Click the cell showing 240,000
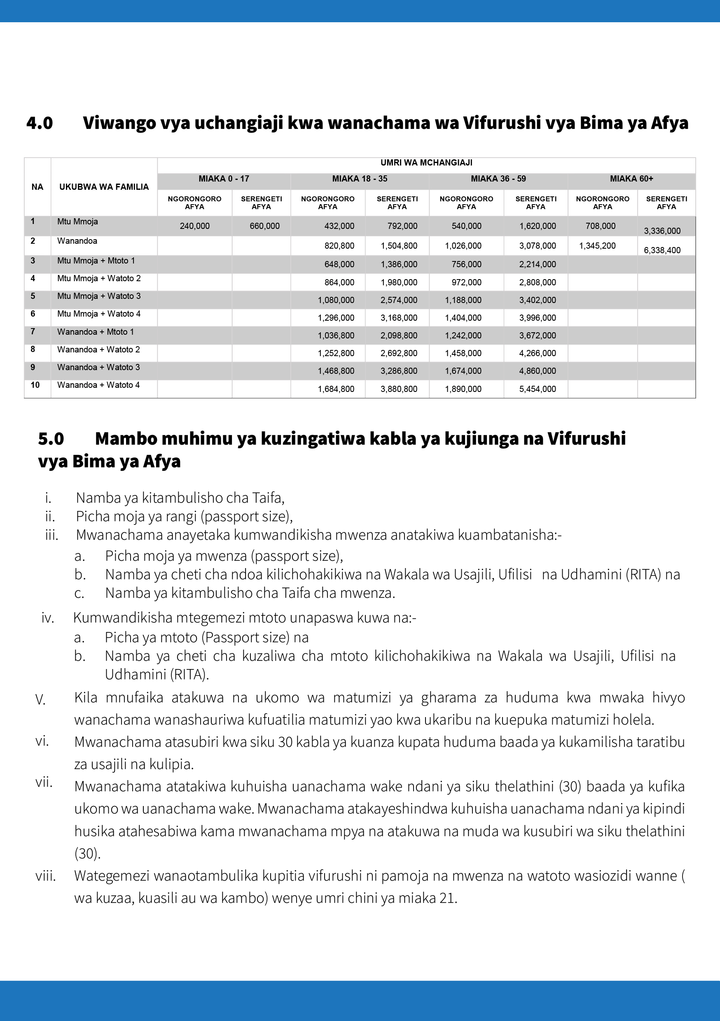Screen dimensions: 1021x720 click(x=194, y=226)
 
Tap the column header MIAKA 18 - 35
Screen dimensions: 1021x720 click(x=360, y=179)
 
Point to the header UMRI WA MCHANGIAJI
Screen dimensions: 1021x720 click(x=426, y=163)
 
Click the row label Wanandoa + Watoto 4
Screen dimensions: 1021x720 click(x=98, y=385)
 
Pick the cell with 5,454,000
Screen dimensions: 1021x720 click(x=537, y=389)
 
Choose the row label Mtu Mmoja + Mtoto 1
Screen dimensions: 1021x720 click(x=96, y=261)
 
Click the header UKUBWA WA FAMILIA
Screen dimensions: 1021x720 click(x=104, y=187)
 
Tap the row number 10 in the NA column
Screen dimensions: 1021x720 click(x=35, y=385)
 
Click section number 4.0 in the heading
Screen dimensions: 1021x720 click(x=39, y=123)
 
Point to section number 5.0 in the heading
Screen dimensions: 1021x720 click(x=51, y=439)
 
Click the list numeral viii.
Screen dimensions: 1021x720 click(x=45, y=876)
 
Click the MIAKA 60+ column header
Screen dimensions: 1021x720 click(x=631, y=179)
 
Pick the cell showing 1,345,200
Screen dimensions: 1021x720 click(x=597, y=246)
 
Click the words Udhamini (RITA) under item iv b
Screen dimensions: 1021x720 click(x=157, y=675)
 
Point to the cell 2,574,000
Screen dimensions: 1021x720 click(x=398, y=300)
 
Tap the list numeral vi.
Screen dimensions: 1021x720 click(x=42, y=741)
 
